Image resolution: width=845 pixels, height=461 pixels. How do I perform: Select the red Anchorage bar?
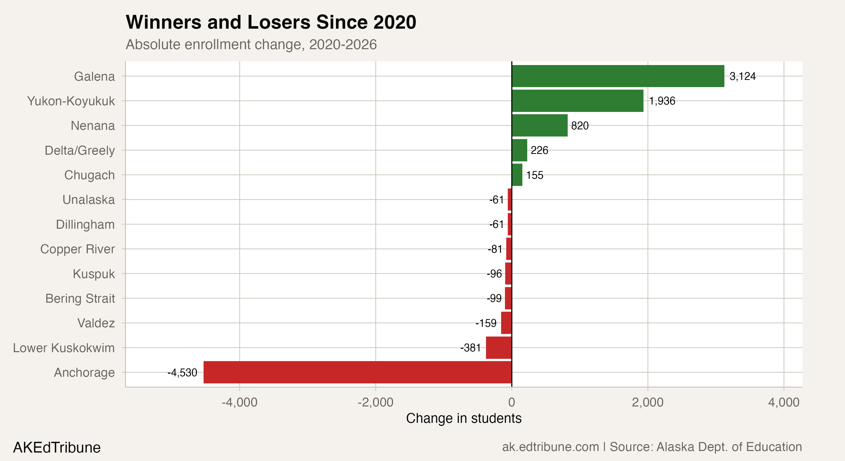[357, 372]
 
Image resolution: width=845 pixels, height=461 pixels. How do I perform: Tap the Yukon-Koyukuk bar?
[577, 101]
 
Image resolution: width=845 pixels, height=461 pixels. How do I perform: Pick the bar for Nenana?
[540, 125]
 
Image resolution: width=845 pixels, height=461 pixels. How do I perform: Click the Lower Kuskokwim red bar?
[499, 348]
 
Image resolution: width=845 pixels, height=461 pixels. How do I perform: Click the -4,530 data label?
[182, 372]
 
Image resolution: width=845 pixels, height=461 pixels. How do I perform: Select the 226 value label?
[539, 150]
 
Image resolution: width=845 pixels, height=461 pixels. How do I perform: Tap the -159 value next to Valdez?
[486, 323]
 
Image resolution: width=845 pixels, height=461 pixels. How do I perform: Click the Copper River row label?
[77, 249]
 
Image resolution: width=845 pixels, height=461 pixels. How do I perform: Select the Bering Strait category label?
[80, 299]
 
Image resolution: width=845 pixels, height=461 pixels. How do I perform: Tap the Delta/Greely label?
[80, 150]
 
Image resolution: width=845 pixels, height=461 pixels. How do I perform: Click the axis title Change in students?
[463, 418]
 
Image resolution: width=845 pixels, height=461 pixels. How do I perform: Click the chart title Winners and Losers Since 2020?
[271, 22]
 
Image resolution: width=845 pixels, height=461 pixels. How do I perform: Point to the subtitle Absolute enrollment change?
[251, 45]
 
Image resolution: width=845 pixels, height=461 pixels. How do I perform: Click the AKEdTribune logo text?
[57, 447]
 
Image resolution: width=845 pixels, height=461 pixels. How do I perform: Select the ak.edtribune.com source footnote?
[652, 447]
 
